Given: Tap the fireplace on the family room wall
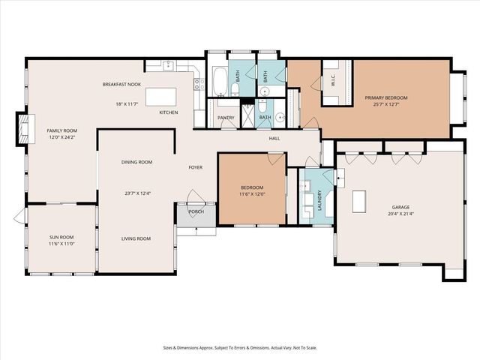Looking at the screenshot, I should [x=24, y=128].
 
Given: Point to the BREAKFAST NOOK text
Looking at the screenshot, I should [x=122, y=85].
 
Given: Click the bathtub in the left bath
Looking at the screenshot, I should [x=220, y=82].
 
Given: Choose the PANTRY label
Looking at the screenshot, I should [x=226, y=118].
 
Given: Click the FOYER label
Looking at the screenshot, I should [x=196, y=167].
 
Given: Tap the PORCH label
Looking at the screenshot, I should [x=196, y=211].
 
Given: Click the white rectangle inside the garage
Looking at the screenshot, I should [x=359, y=202].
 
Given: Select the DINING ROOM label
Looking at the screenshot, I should [x=137, y=162].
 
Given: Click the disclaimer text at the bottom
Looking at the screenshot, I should [x=239, y=347].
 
